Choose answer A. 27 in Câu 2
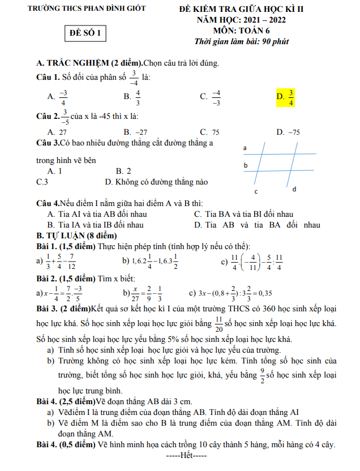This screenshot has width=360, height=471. [58, 132]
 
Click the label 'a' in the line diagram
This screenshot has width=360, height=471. [245, 148]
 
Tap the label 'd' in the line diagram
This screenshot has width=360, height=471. [294, 189]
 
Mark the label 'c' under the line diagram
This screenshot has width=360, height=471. [256, 192]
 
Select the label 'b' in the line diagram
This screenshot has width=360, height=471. [245, 165]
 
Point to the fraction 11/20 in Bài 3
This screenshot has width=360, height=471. [218, 324]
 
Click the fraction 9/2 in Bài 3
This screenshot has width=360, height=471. [262, 375]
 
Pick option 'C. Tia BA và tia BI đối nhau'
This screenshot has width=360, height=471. [243, 214]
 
